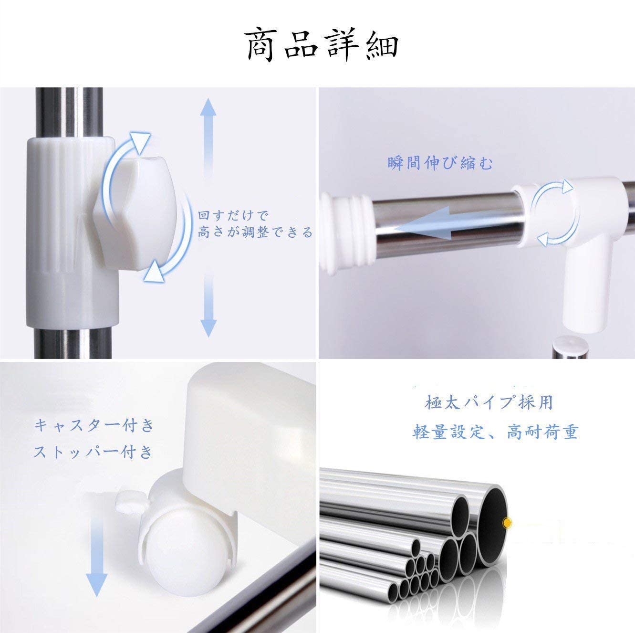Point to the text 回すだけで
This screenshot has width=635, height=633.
(x=234, y=216)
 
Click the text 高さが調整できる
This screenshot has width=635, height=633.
(x=255, y=232)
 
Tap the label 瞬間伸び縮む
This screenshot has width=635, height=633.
(x=440, y=163)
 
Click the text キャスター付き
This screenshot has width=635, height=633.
(x=94, y=426)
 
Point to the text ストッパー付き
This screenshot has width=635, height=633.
(x=94, y=452)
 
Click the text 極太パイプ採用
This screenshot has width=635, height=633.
(x=489, y=402)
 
